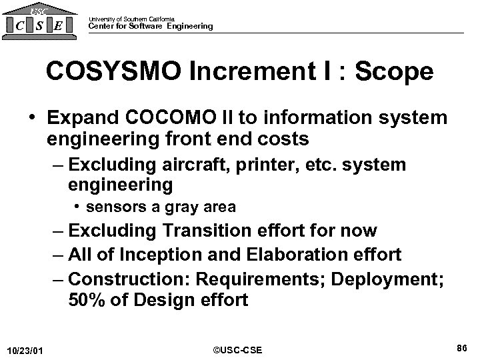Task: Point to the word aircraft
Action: tap(205, 165)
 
